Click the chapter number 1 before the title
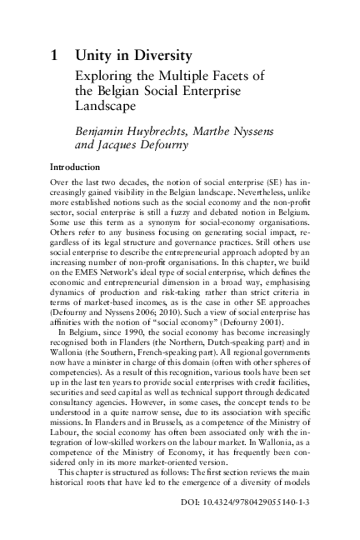[x=54, y=57]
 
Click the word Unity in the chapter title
[x=93, y=57]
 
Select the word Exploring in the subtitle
[x=102, y=77]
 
